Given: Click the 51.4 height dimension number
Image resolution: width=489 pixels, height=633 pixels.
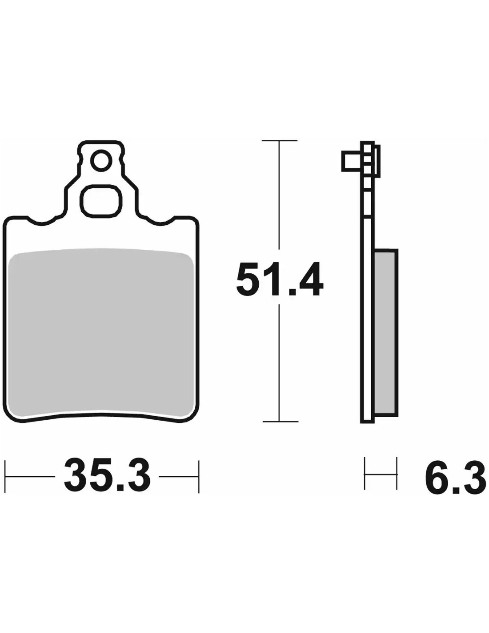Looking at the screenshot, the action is pyautogui.click(x=279, y=279).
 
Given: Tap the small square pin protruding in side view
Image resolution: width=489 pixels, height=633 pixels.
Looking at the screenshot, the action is pyautogui.click(x=352, y=161).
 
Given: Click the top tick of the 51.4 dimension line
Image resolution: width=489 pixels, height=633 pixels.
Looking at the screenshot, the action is pyautogui.click(x=280, y=141).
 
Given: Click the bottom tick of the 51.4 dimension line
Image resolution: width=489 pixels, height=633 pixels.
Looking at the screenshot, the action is pyautogui.click(x=280, y=422).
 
